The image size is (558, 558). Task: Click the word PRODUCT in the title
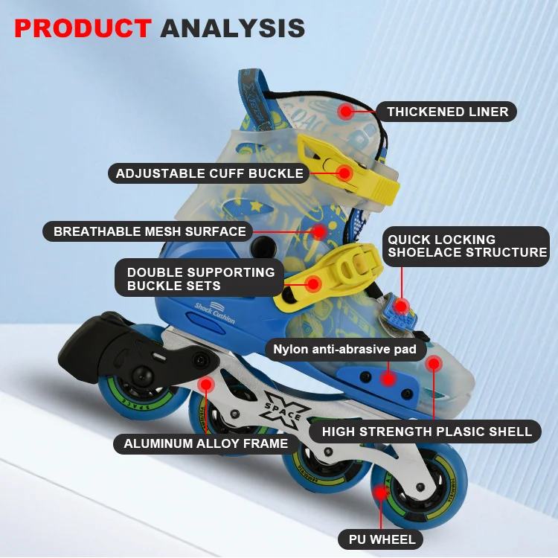(83, 28)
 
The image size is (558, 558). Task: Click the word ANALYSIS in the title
(233, 28)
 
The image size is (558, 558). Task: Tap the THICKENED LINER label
(447, 112)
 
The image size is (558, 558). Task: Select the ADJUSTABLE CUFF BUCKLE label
(210, 173)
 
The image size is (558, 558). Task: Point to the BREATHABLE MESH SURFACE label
(150, 231)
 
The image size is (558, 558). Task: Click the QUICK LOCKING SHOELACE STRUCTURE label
(466, 246)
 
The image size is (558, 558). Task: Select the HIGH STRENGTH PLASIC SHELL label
(426, 431)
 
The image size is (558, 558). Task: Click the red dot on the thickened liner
(345, 112)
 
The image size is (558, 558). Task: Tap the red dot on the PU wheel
(380, 492)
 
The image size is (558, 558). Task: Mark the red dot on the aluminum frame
(206, 385)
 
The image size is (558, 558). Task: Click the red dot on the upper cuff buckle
(344, 173)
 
